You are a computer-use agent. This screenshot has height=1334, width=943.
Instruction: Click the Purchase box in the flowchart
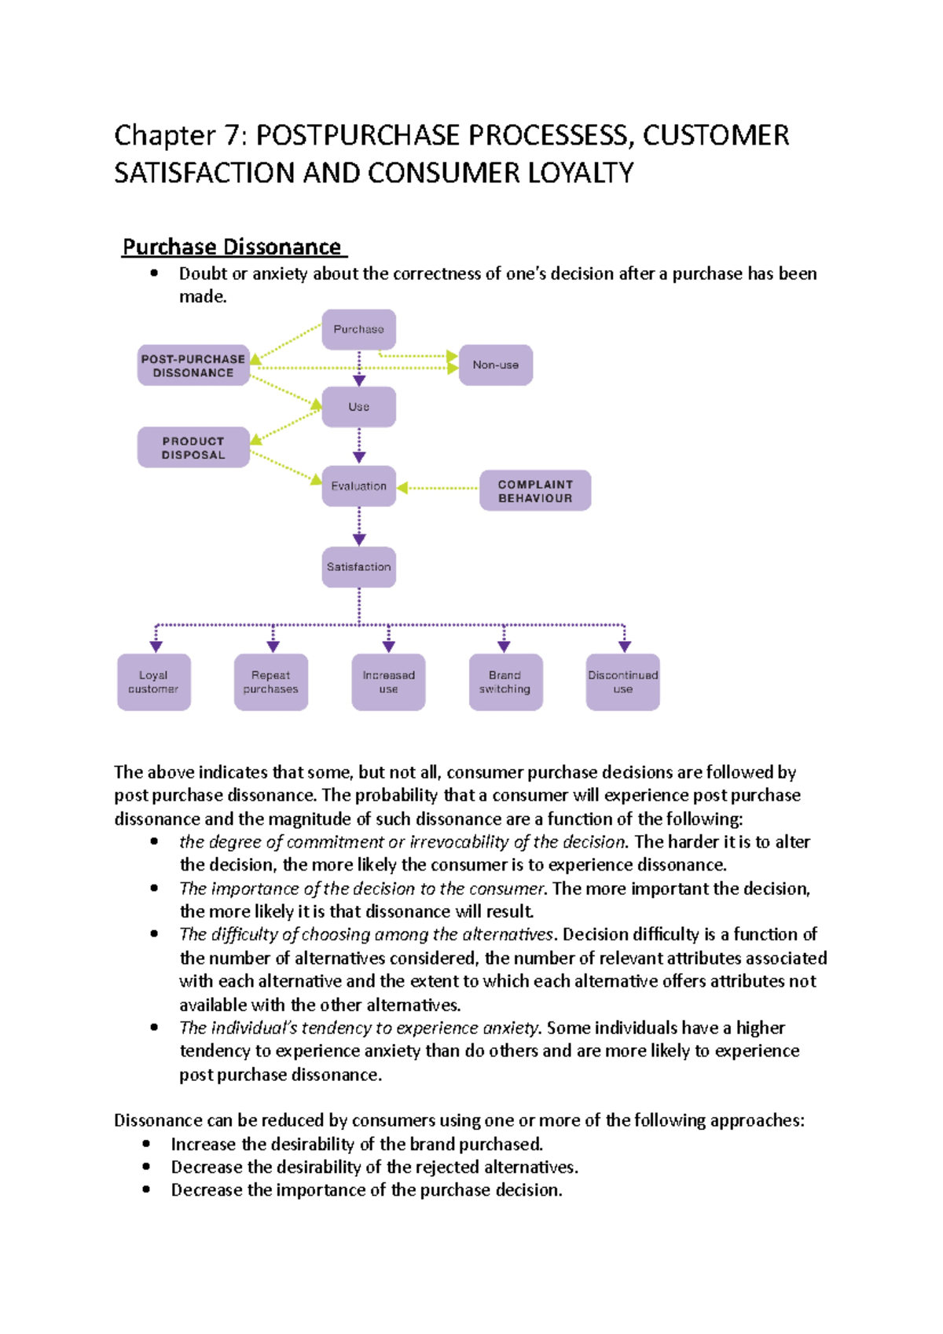pos(358,329)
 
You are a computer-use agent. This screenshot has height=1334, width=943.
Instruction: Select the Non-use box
pos(495,365)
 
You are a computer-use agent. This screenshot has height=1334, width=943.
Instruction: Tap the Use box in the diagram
pos(358,407)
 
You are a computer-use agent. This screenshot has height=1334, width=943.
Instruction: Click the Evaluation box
pos(358,486)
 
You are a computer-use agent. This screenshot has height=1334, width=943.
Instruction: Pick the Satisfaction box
pos(358,566)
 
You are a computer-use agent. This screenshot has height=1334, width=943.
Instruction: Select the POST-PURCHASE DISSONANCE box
pos(193,365)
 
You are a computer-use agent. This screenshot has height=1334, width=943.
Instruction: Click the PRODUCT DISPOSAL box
pos(193,448)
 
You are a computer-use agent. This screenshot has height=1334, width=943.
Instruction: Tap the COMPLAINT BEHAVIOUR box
pos(535,491)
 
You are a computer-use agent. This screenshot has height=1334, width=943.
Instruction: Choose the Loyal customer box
pos(153,682)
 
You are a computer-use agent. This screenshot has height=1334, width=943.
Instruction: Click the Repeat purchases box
pos(270,682)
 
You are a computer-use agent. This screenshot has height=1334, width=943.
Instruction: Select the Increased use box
pos(388,682)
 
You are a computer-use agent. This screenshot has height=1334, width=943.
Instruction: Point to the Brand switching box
pos(505,682)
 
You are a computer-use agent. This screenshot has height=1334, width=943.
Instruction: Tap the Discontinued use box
pos(622,682)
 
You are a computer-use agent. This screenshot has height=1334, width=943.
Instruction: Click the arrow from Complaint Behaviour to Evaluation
pos(440,488)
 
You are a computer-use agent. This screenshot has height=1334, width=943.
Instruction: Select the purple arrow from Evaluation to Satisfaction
pos(359,526)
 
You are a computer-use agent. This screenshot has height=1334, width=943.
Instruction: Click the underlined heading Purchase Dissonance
pos(232,247)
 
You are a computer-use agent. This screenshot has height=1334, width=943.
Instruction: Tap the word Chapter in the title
pos(164,135)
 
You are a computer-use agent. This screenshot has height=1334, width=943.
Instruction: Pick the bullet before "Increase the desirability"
pos(146,1144)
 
